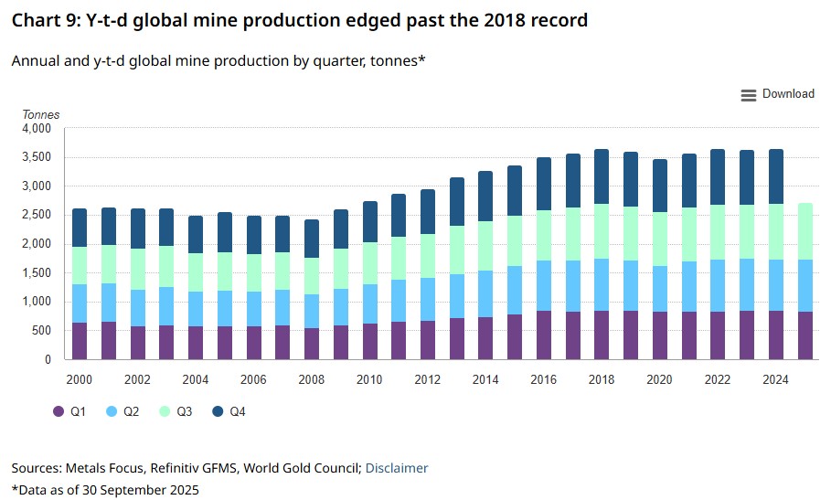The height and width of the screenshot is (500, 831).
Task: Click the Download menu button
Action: [777, 94]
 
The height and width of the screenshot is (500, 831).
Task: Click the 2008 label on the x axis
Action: [312, 378]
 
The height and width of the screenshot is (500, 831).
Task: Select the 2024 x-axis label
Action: [775, 378]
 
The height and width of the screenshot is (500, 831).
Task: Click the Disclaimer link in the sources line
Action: [397, 468]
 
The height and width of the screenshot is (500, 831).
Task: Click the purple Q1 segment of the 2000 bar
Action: [80, 341]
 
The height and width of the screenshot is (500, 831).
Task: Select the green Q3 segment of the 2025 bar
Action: [804, 231]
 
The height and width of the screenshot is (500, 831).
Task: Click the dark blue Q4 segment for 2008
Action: [312, 238]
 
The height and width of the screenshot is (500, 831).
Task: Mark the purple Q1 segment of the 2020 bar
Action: [659, 335]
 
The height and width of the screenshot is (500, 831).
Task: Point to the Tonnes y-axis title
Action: [40, 115]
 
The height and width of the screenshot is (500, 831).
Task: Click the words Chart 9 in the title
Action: [45, 20]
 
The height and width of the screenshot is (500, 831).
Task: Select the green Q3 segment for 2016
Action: [543, 235]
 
